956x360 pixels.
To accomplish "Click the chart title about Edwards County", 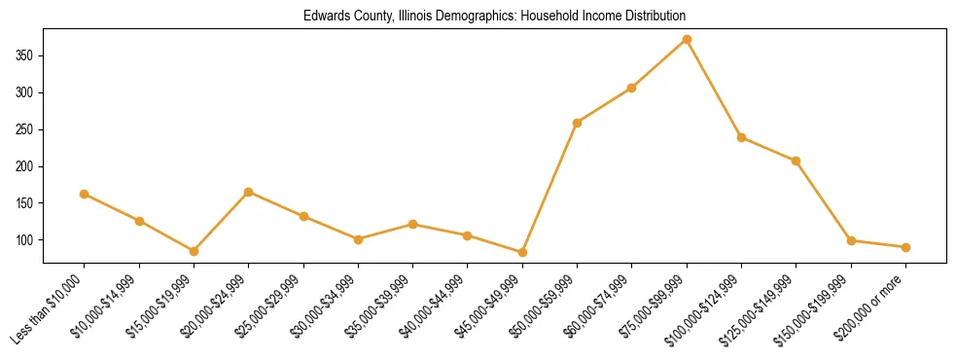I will tap(494, 17).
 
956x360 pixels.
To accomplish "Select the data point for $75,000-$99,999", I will tap(687, 39).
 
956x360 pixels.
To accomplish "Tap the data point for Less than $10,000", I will tap(85, 194).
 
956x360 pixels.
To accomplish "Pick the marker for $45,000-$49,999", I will tap(522, 252).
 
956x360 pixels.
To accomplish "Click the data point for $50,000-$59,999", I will tap(578, 123).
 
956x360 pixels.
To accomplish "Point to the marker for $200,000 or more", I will tap(905, 247).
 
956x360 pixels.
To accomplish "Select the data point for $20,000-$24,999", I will tap(249, 192).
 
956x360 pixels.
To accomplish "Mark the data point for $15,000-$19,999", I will tap(194, 251).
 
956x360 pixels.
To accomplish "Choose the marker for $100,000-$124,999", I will tap(741, 137).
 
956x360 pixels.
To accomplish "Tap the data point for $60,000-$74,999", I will tap(632, 88).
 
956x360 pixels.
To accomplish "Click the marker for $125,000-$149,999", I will tap(797, 161).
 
